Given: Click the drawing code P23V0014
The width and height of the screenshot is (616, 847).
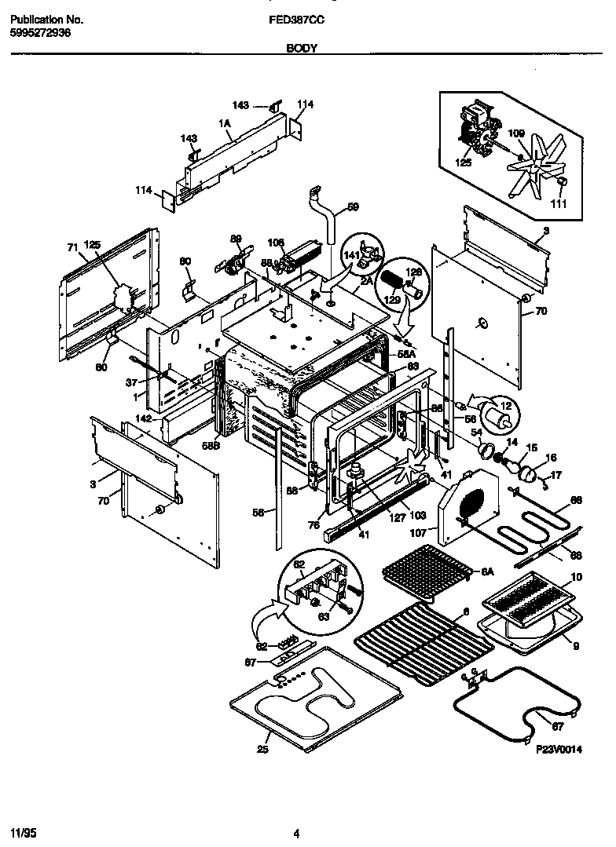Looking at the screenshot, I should (559, 750).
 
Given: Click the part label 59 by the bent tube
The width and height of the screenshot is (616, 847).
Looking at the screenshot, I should (353, 207).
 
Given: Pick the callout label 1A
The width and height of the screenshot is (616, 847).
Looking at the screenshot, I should (224, 123).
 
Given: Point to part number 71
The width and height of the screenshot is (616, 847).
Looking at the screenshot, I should (72, 247).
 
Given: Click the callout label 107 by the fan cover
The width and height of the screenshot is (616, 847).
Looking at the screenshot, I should (418, 531).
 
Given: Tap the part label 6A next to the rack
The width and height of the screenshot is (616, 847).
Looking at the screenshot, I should (487, 573).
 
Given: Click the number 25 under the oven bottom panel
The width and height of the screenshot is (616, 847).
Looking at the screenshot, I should (262, 749).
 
